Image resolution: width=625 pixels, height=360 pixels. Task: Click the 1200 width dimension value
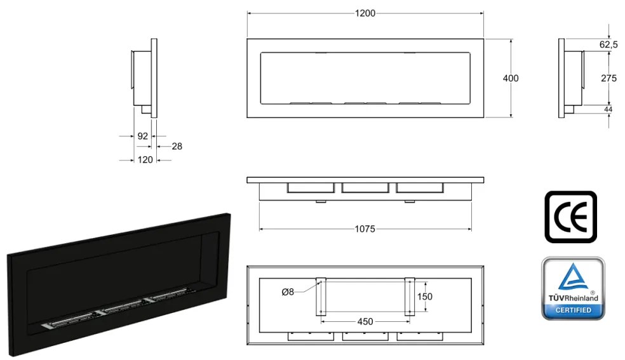pyautogui.click(x=366, y=13)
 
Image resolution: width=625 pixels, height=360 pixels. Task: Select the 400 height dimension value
pyautogui.click(x=510, y=78)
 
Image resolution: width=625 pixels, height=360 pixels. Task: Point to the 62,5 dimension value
pyautogui.click(x=608, y=44)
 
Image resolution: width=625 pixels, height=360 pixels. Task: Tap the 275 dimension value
pyautogui.click(x=608, y=78)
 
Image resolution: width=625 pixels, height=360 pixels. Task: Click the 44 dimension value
pyautogui.click(x=608, y=110)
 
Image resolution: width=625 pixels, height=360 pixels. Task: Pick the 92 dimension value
pyautogui.click(x=142, y=136)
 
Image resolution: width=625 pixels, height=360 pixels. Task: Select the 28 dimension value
pyautogui.click(x=177, y=146)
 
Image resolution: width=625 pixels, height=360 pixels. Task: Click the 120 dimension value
pyautogui.click(x=145, y=160)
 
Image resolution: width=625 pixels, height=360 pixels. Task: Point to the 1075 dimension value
pyautogui.click(x=365, y=229)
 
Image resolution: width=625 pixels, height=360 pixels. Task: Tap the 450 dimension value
pyautogui.click(x=365, y=321)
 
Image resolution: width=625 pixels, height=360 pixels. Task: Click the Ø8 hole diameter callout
pyautogui.click(x=288, y=291)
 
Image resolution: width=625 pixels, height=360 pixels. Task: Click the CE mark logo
pyautogui.click(x=570, y=217)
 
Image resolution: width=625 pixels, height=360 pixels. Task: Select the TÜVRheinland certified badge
pyautogui.click(x=572, y=288)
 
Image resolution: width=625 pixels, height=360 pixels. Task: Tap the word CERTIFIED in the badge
pyautogui.click(x=573, y=310)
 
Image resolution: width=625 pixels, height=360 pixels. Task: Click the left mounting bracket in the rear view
pyautogui.click(x=321, y=297)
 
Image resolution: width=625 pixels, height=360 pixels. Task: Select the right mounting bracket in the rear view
pyautogui.click(x=410, y=297)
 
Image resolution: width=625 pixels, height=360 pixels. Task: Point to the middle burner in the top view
pyautogui.click(x=365, y=188)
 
